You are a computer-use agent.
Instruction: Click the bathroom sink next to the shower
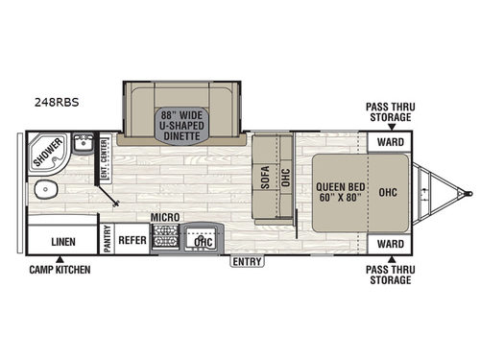pos(82,147)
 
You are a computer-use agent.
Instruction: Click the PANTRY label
pos(108,237)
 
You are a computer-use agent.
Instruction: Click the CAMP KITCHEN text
pos(59,270)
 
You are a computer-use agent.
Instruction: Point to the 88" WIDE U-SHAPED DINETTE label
pos(185,126)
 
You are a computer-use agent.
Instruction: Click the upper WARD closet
pos(390,143)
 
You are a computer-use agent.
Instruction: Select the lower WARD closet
pos(390,244)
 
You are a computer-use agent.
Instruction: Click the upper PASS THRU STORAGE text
pos(390,111)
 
